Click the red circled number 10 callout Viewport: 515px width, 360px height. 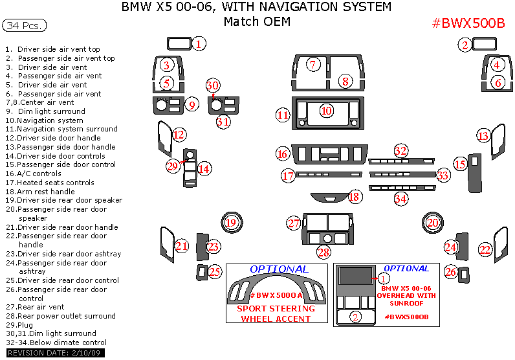(x=326, y=111)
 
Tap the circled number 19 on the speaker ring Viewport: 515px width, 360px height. (x=231, y=223)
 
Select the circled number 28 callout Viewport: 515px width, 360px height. (x=323, y=252)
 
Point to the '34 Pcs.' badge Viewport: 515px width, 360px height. (x=24, y=26)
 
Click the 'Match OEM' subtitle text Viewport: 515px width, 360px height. (x=256, y=21)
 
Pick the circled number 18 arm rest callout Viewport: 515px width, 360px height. (x=354, y=196)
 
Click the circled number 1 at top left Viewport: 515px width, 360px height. (x=199, y=44)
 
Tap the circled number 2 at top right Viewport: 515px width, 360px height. (x=465, y=45)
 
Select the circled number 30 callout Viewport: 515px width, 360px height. (x=213, y=85)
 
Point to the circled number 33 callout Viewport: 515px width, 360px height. (x=443, y=175)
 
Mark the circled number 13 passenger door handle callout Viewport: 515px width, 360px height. (x=483, y=135)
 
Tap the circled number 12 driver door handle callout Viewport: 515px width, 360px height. (x=179, y=135)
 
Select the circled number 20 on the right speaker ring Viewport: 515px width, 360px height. (x=432, y=223)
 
